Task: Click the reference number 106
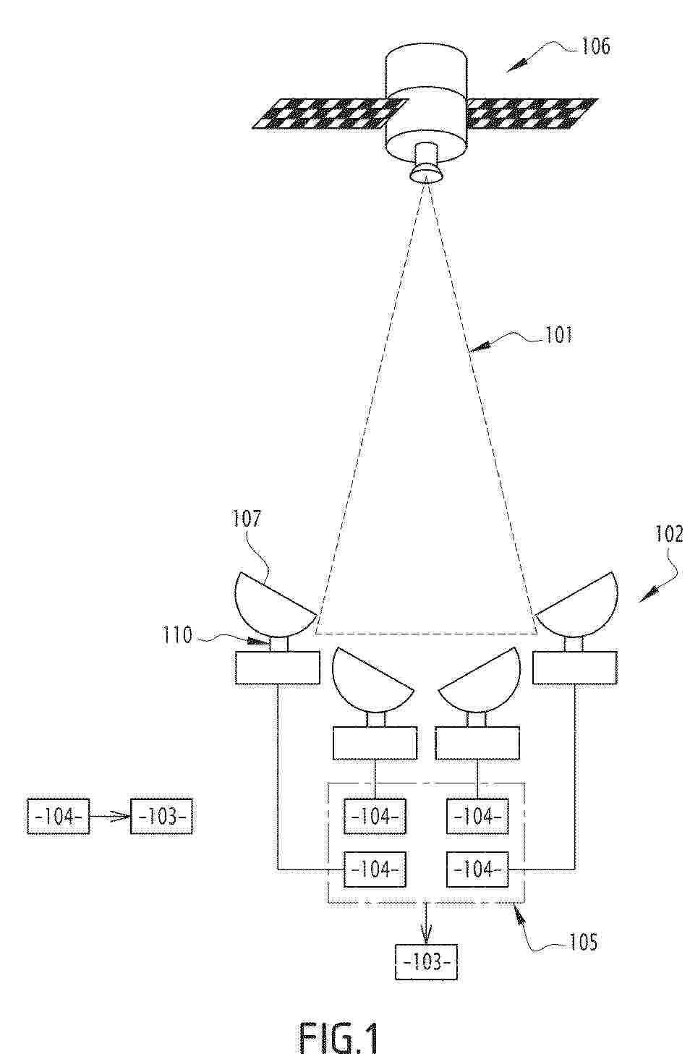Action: click(596, 47)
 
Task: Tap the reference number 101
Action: click(558, 336)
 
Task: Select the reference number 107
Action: click(246, 519)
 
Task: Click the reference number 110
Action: click(177, 636)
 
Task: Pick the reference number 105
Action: click(583, 943)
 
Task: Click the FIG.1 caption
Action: click(338, 1036)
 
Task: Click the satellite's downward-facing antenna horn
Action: click(426, 164)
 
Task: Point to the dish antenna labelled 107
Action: click(274, 604)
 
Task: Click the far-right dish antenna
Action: click(577, 604)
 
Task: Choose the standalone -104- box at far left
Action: click(59, 817)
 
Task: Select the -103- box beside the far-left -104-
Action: click(161, 817)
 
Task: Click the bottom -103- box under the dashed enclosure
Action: click(426, 962)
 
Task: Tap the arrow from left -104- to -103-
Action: click(110, 817)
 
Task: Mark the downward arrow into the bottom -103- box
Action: click(426, 924)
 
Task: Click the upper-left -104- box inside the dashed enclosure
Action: click(375, 817)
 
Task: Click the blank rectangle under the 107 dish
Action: click(278, 667)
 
